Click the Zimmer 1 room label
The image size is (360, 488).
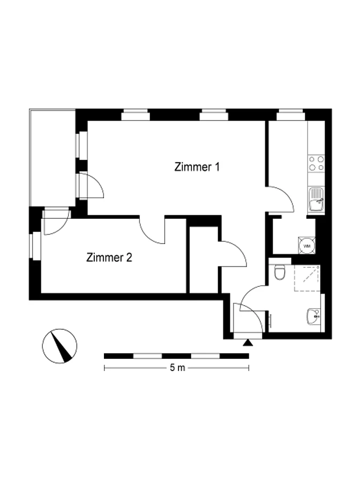click(197, 167)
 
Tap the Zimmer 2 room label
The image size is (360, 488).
click(109, 257)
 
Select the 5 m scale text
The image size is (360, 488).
click(177, 368)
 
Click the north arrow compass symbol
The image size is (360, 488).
click(59, 346)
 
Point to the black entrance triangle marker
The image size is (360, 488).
click(248, 343)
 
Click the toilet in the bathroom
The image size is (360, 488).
click(280, 272)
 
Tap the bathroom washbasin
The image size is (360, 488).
click(313, 316)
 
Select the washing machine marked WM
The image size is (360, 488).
click(307, 246)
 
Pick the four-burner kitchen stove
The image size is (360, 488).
click(316, 164)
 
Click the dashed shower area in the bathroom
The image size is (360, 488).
click(307, 278)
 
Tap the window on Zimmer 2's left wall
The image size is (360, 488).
click(36, 246)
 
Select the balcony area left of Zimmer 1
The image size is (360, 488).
click(52, 158)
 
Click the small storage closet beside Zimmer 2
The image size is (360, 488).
click(204, 260)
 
